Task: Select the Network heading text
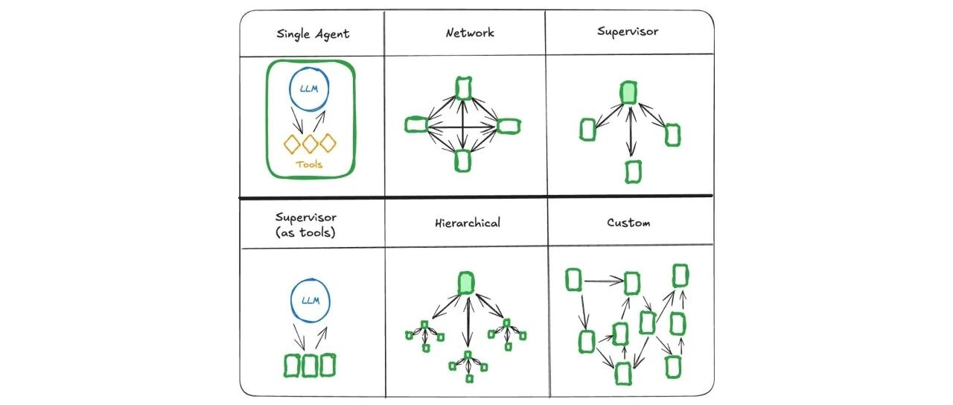pyautogui.click(x=470, y=33)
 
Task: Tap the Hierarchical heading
pyautogui.click(x=468, y=223)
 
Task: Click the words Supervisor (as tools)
pyautogui.click(x=306, y=224)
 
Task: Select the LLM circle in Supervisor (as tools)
pyautogui.click(x=310, y=301)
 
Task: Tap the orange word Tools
pyautogui.click(x=309, y=165)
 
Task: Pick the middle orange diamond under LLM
pyautogui.click(x=310, y=143)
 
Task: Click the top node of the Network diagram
pyautogui.click(x=464, y=88)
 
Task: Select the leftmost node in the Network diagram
pyautogui.click(x=415, y=125)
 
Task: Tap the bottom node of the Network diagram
pyautogui.click(x=463, y=160)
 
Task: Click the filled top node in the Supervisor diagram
pyautogui.click(x=628, y=92)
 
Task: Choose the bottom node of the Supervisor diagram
pyautogui.click(x=633, y=170)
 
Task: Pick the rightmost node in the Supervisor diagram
pyautogui.click(x=672, y=134)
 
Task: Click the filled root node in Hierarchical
pyautogui.click(x=467, y=282)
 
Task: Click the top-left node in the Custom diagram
pyautogui.click(x=573, y=280)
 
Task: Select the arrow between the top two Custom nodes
pyautogui.click(x=603, y=281)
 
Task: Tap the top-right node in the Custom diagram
pyautogui.click(x=681, y=275)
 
